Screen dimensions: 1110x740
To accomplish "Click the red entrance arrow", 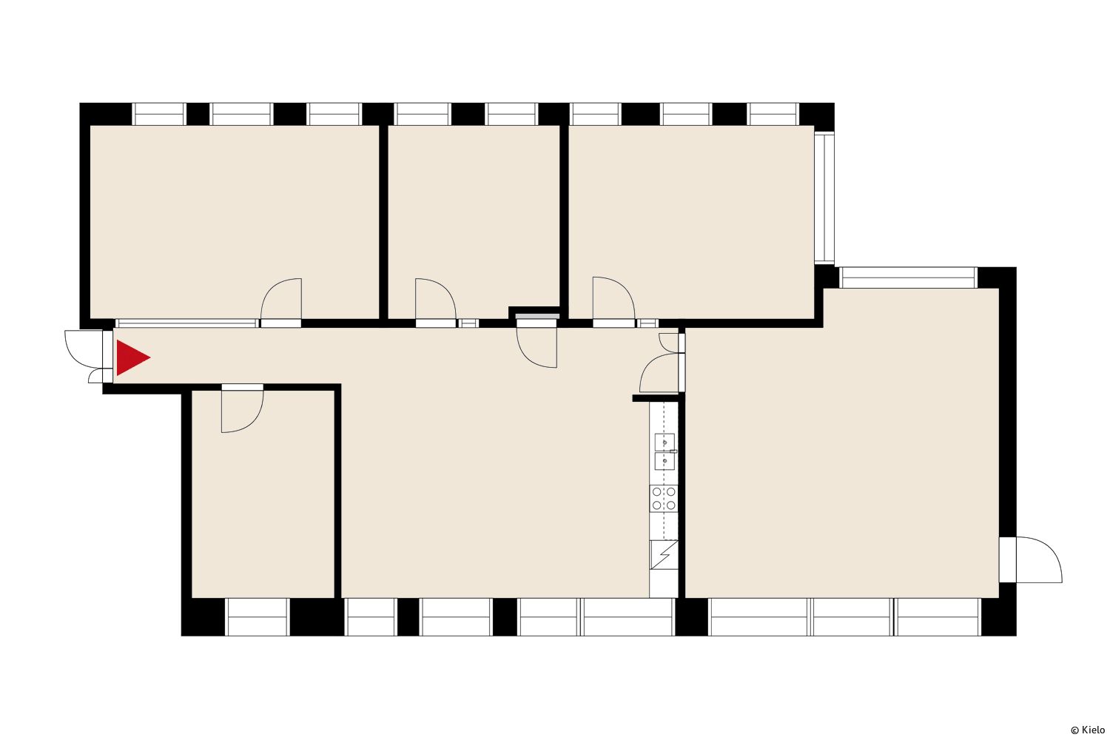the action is (x=132, y=357).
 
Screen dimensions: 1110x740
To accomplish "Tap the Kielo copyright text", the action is (x=1088, y=730).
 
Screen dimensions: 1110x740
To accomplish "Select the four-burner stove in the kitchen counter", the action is (x=664, y=499).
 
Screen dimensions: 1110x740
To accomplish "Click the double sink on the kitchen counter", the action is (x=665, y=451).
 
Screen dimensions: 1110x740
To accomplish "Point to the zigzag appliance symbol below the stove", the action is (x=664, y=554).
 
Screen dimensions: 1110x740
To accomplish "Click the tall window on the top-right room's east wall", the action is (x=824, y=198).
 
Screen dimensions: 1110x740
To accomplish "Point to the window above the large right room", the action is (x=908, y=277).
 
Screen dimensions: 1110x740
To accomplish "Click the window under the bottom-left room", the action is (x=258, y=616).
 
